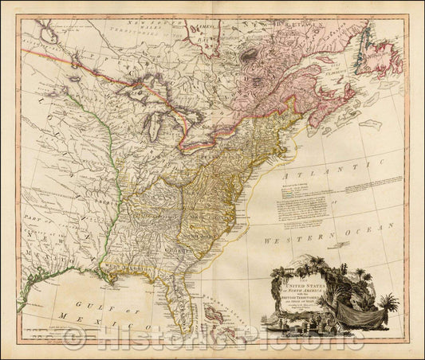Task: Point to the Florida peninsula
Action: (183, 302)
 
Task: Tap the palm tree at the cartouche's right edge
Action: (389, 303)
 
